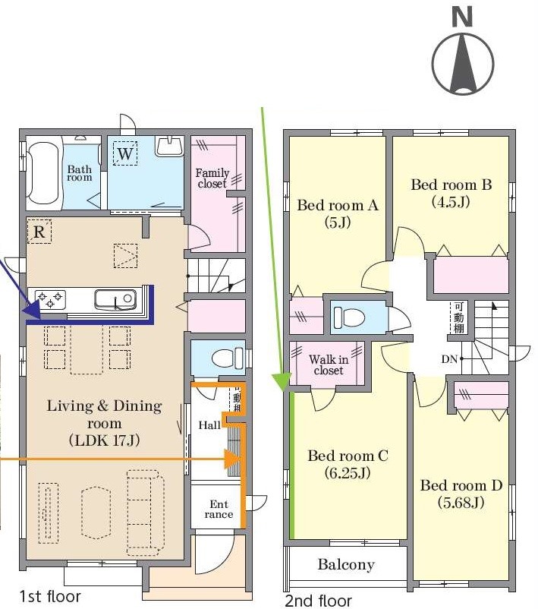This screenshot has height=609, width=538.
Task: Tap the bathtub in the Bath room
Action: click(x=43, y=173)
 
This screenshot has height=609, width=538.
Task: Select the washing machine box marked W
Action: click(x=125, y=153)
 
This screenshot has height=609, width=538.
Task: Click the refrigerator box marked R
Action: click(x=39, y=232)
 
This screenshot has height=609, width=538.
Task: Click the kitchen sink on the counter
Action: click(x=115, y=300)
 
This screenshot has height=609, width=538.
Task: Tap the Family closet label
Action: click(x=212, y=178)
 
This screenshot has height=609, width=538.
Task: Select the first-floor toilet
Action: click(x=228, y=358)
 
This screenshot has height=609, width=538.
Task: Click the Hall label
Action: click(x=209, y=425)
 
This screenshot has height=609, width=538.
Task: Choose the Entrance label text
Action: click(x=219, y=510)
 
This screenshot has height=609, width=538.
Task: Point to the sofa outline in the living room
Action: click(x=146, y=513)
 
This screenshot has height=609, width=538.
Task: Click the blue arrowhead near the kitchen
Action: click(x=32, y=311)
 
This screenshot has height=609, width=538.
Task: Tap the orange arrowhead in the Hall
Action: click(x=233, y=459)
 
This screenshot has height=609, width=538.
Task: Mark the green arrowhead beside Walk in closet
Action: click(x=282, y=382)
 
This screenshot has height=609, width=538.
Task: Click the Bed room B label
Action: click(x=451, y=193)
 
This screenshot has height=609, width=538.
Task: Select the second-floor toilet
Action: click(x=349, y=317)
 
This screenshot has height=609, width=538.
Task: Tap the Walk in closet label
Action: click(x=329, y=365)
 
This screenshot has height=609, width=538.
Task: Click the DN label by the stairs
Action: click(x=449, y=359)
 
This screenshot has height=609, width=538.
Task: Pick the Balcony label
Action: click(x=346, y=564)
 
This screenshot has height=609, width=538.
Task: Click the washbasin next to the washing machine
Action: click(x=169, y=147)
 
